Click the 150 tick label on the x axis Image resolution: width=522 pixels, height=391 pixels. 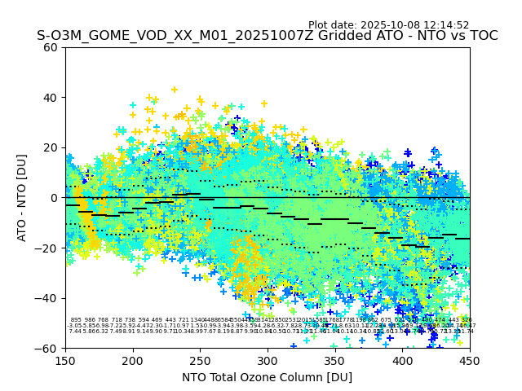pyautogui.click(x=65, y=361)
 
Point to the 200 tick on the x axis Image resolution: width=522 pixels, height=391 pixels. pyautogui.click(x=133, y=361)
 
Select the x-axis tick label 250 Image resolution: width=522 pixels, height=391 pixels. pyautogui.click(x=200, y=361)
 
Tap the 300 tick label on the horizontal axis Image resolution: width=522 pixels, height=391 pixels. pyautogui.click(x=268, y=361)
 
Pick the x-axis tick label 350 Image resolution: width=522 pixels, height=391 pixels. pyautogui.click(x=335, y=361)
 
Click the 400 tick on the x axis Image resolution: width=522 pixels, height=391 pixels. pyautogui.click(x=402, y=361)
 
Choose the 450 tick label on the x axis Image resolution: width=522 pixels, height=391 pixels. pyautogui.click(x=470, y=361)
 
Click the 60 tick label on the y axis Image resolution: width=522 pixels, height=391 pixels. pyautogui.click(x=51, y=47)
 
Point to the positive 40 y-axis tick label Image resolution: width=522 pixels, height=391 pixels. pyautogui.click(x=51, y=98)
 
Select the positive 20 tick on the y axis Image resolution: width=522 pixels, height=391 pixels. pyautogui.click(x=51, y=147)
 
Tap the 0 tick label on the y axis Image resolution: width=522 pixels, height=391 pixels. pyautogui.click(x=54, y=198)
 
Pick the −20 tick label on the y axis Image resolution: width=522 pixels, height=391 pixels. pyautogui.click(x=47, y=248)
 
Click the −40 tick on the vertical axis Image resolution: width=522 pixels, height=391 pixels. pyautogui.click(x=47, y=298)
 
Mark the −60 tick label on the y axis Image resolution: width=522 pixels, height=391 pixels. pyautogui.click(x=47, y=348)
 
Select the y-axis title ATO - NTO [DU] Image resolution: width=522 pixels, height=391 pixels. pyautogui.click(x=22, y=198)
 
